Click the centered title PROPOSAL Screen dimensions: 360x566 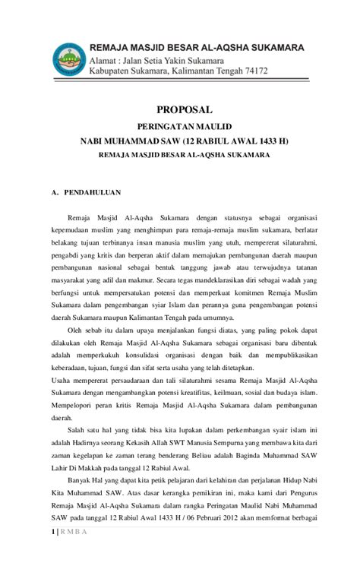[x=179, y=109]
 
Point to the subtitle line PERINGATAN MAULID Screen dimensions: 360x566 [x=179, y=126]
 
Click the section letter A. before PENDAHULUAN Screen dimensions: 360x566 [x=55, y=192]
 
